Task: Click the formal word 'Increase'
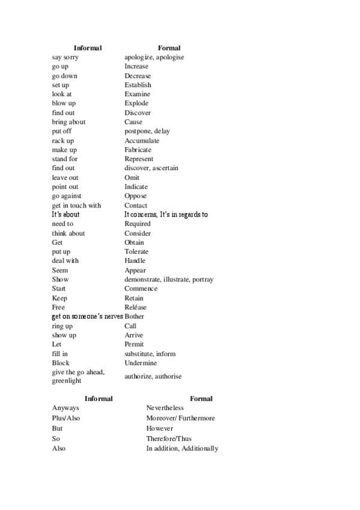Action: click(x=136, y=66)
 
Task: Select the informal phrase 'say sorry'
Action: click(x=65, y=57)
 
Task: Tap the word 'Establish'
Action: click(x=138, y=85)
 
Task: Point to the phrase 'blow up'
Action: click(x=64, y=103)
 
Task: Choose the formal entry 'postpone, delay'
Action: click(x=147, y=131)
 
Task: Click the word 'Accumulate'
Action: click(x=142, y=141)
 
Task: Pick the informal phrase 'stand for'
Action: click(x=65, y=159)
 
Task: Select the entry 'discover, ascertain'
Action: click(x=151, y=168)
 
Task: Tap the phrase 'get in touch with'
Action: click(x=76, y=206)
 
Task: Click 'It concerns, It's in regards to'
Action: click(x=166, y=214)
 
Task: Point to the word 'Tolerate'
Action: click(x=136, y=251)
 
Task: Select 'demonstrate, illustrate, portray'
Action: click(x=169, y=280)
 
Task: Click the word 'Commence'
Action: click(x=141, y=289)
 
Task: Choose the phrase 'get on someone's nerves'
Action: click(x=87, y=316)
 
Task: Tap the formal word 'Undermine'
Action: click(x=141, y=363)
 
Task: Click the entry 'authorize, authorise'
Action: click(x=153, y=376)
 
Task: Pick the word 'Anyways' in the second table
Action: click(x=66, y=408)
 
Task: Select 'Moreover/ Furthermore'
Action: click(x=180, y=418)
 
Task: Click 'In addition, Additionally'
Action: click(x=182, y=449)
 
